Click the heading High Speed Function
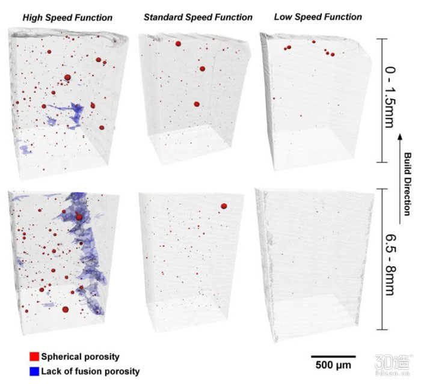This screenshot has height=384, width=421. coord(67,17)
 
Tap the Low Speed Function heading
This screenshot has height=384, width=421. coord(318,17)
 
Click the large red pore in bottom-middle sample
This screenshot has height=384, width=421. coord(224,206)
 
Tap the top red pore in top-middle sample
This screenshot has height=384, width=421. coord(178,43)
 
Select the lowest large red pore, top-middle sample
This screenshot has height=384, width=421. coord(197,104)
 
